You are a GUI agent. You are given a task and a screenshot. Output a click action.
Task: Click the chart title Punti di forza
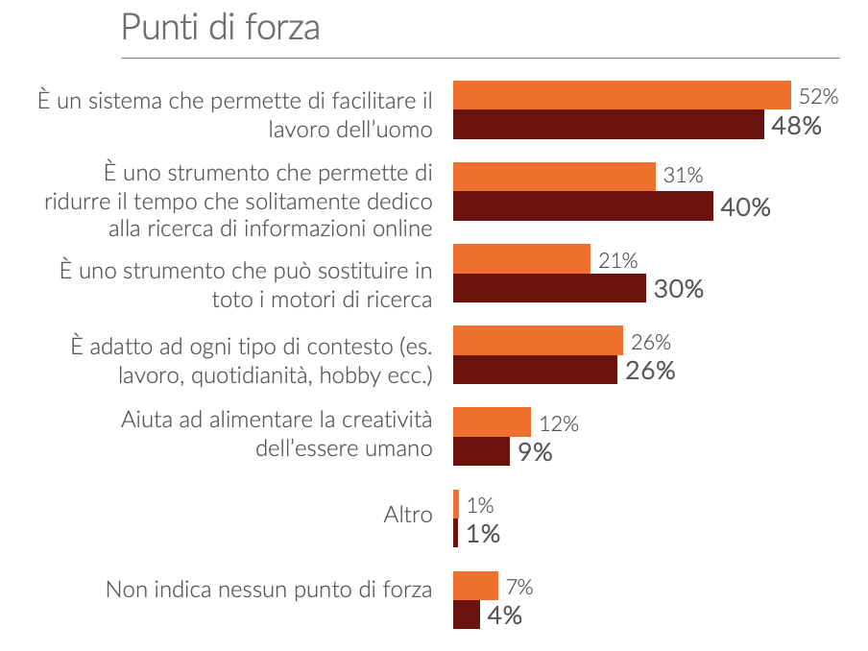pyautogui.click(x=220, y=28)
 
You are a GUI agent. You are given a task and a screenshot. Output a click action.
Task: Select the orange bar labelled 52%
pyautogui.click(x=621, y=96)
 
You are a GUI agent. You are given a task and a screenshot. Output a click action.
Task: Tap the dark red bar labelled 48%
pyautogui.click(x=608, y=125)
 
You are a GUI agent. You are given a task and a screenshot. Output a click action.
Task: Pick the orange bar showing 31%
pyautogui.click(x=554, y=177)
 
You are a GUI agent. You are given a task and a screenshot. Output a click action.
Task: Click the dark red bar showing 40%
pyautogui.click(x=583, y=206)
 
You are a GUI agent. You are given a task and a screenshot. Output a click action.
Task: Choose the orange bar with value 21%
pyautogui.click(x=521, y=259)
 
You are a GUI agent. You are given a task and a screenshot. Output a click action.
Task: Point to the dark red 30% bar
pyautogui.click(x=549, y=288)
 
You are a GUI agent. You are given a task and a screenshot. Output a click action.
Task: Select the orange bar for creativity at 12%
pyautogui.click(x=492, y=422)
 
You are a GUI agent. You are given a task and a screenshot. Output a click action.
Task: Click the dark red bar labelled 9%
pyautogui.click(x=481, y=451)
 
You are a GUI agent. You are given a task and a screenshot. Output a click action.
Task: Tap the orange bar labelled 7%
pyautogui.click(x=475, y=586)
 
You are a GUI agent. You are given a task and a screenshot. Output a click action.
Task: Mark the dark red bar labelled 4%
pyautogui.click(x=466, y=615)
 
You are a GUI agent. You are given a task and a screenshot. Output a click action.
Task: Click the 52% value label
pyautogui.click(x=819, y=97)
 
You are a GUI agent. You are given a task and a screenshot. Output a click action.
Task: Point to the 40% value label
pyautogui.click(x=745, y=207)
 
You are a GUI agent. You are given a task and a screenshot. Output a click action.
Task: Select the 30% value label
pyautogui.click(x=678, y=289)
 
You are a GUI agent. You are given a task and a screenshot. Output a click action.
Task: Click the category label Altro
pyautogui.click(x=408, y=515)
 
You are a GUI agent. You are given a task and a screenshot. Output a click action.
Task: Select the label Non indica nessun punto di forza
pyautogui.click(x=269, y=589)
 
